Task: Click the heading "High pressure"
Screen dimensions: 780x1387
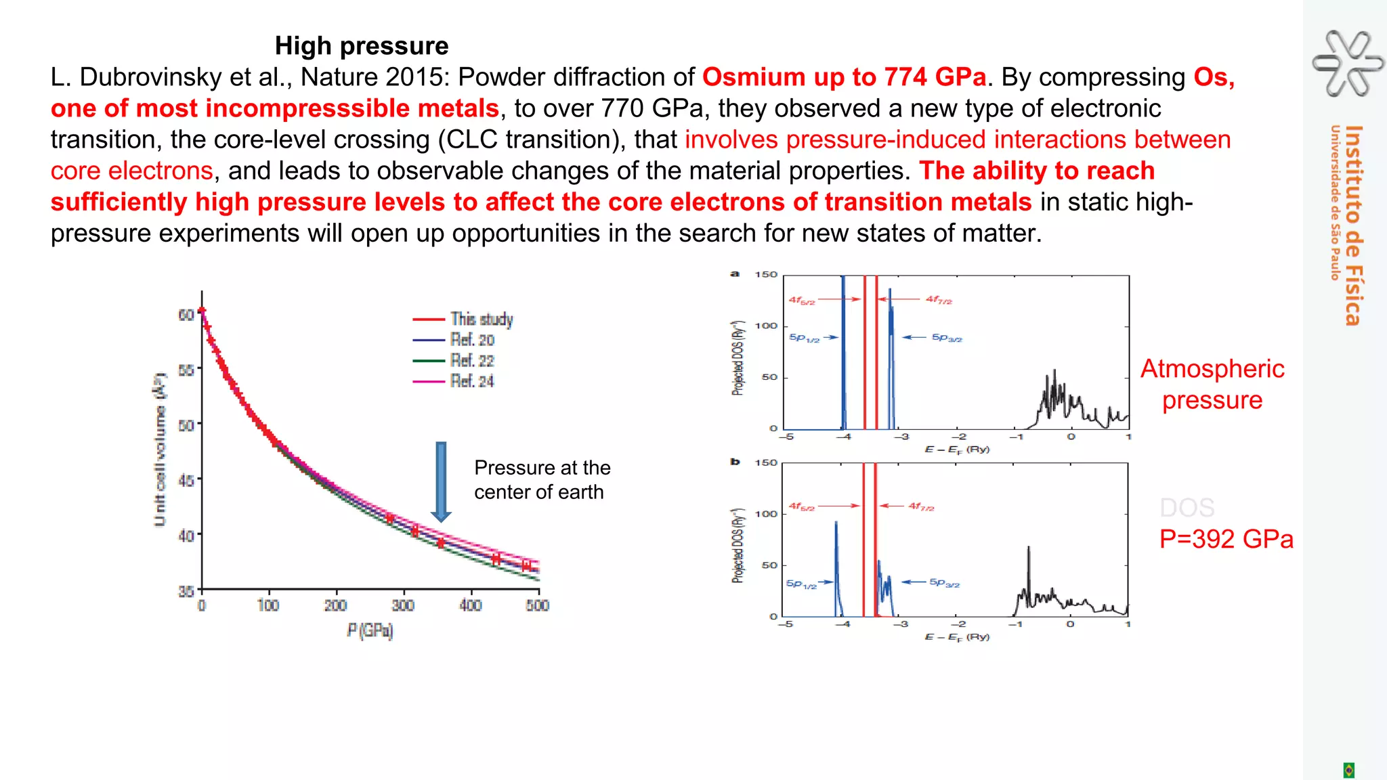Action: click(x=362, y=46)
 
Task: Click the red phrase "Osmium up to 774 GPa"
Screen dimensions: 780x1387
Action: click(x=844, y=77)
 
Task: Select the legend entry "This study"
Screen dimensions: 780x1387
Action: click(x=482, y=319)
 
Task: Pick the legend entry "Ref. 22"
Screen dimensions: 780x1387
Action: click(x=472, y=361)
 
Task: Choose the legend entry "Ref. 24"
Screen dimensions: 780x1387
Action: click(x=472, y=381)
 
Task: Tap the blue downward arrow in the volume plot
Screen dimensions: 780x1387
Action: click(x=441, y=481)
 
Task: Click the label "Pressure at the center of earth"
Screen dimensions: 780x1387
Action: click(x=542, y=479)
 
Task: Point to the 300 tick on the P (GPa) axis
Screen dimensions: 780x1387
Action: click(x=403, y=605)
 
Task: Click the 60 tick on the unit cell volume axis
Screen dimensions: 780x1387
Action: click(x=186, y=315)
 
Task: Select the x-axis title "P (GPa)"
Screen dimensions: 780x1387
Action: click(x=370, y=631)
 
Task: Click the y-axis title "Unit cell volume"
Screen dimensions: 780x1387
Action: click(x=160, y=449)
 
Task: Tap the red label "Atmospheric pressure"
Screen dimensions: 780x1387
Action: click(x=1212, y=384)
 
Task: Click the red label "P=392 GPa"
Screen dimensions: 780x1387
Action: click(x=1226, y=539)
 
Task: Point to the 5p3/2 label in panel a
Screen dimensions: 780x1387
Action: click(x=947, y=337)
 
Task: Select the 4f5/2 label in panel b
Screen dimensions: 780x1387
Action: click(x=802, y=506)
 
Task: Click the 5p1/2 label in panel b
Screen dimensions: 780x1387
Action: click(x=801, y=584)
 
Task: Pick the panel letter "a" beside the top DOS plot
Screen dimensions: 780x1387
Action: click(x=735, y=274)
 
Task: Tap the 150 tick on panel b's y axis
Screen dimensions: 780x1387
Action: click(x=766, y=462)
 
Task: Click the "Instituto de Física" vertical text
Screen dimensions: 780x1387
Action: click(x=1353, y=225)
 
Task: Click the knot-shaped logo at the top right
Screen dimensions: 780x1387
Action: click(x=1348, y=63)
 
